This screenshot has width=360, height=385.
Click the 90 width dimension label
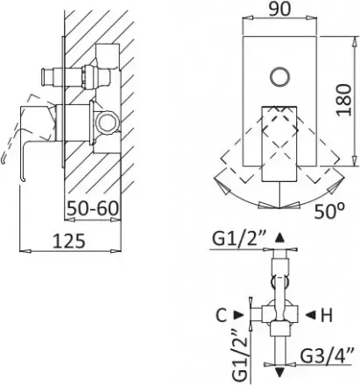click(279, 9)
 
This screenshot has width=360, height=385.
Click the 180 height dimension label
click(343, 100)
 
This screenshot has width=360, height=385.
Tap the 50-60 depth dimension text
click(93, 208)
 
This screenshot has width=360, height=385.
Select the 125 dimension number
click(69, 241)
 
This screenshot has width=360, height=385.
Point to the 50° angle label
click(329, 211)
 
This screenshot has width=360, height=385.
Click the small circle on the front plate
click(279, 77)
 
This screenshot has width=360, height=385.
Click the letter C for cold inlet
click(222, 315)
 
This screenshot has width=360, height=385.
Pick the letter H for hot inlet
click(327, 315)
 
